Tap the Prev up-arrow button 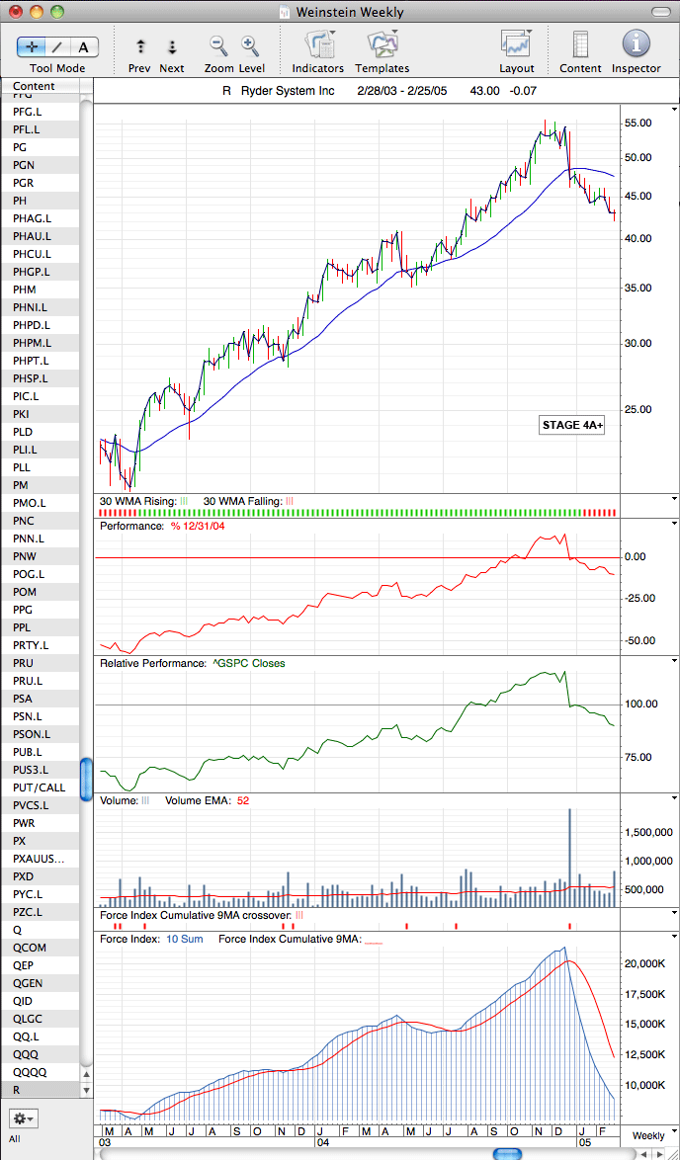click(x=140, y=46)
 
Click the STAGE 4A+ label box click(x=572, y=426)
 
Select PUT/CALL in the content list click(x=39, y=787)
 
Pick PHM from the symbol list click(x=25, y=290)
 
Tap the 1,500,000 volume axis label click(x=646, y=833)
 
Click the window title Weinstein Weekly click(x=350, y=12)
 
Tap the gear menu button click(x=23, y=1118)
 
